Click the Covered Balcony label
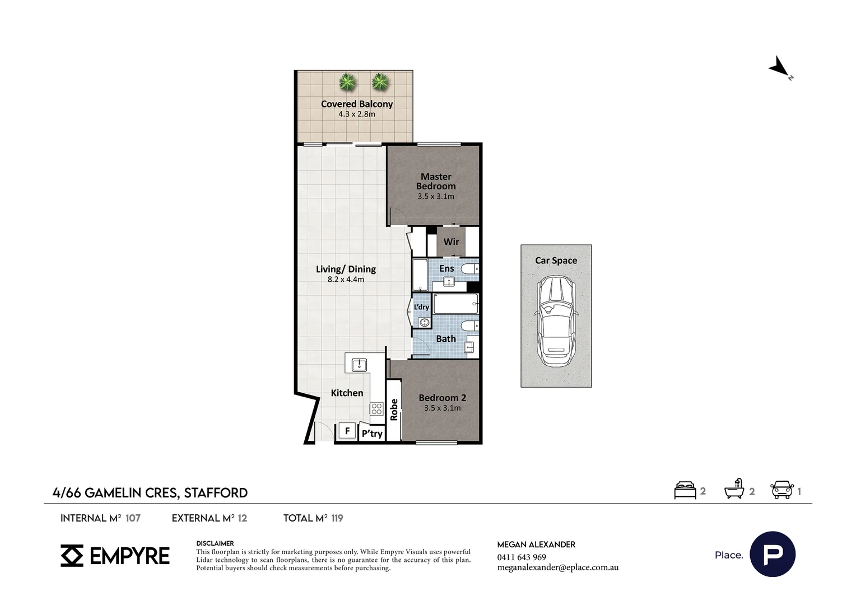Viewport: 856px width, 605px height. tap(356, 104)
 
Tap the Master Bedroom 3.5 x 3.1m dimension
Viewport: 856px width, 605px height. tap(436, 197)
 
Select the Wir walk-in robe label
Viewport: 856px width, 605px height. tap(451, 241)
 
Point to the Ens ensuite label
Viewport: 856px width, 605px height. tap(446, 268)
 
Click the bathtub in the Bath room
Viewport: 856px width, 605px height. tap(456, 304)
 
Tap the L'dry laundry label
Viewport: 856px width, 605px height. tap(421, 307)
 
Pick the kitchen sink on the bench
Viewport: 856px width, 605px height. tap(359, 365)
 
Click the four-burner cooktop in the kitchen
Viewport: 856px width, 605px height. tap(376, 408)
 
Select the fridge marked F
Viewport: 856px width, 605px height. tap(347, 431)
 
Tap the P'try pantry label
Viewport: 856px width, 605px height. tap(372, 434)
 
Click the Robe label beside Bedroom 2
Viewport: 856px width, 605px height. tap(394, 409)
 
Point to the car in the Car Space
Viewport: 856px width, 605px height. tap(556, 320)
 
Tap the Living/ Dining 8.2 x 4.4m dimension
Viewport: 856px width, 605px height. tap(346, 280)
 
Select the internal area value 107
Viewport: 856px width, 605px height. tap(133, 518)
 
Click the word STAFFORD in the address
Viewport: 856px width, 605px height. tap(216, 493)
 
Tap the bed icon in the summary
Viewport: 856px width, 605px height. tap(685, 490)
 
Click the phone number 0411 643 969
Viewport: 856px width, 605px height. tap(522, 557)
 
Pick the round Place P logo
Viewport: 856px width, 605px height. tap(773, 554)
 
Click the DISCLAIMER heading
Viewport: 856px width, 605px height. tap(215, 543)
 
